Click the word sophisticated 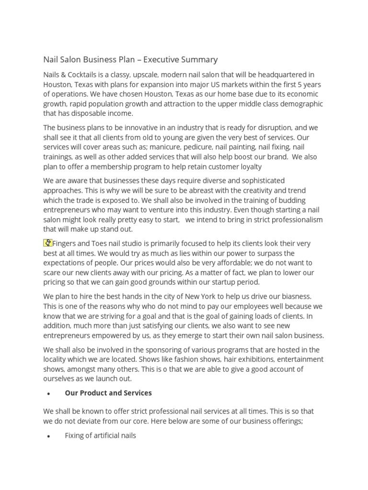251,180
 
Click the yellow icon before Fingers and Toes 47,243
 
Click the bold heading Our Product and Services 108,393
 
